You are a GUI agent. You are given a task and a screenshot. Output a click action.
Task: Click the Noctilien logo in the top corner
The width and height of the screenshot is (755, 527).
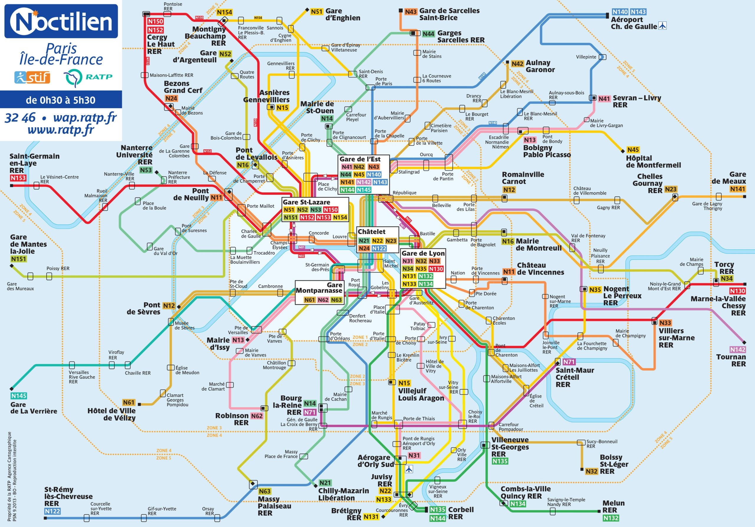(x=61, y=21)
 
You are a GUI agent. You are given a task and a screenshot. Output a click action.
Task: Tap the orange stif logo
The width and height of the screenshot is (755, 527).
(x=32, y=77)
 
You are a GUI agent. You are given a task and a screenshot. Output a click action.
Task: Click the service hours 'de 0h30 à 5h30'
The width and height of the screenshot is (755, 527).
(x=60, y=100)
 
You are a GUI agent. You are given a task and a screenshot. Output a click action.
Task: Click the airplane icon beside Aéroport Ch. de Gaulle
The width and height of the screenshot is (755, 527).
(x=663, y=26)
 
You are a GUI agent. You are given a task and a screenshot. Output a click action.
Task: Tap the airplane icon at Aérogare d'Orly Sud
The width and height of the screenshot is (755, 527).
(x=409, y=469)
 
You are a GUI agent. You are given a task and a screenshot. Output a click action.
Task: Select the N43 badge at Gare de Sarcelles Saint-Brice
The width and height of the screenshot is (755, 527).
(x=410, y=12)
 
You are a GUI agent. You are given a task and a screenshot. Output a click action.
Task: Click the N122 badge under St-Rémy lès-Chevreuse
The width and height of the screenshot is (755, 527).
(x=52, y=511)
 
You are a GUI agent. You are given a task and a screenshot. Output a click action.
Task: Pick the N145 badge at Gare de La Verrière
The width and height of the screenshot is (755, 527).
(x=19, y=396)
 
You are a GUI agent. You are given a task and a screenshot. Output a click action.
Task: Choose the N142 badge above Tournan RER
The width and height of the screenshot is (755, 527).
(x=738, y=349)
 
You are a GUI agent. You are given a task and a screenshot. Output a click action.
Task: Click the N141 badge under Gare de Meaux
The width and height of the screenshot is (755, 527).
(x=738, y=189)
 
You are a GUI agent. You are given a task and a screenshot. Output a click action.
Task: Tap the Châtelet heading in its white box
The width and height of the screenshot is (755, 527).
(x=372, y=232)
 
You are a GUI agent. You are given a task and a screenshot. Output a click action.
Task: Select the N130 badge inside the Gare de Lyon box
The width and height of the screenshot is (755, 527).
(x=436, y=269)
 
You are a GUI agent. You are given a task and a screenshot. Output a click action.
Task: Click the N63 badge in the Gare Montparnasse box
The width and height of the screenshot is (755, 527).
(x=336, y=300)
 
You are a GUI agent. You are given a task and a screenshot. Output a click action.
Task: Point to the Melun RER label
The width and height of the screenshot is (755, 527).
(x=613, y=506)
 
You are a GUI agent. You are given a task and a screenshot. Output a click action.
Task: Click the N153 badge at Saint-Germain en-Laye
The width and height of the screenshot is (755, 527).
(x=18, y=178)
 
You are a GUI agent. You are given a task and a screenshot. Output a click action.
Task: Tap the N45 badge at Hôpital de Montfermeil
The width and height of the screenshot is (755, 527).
(x=633, y=150)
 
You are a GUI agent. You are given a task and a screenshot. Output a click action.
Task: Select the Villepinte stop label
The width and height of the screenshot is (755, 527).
(x=586, y=57)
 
